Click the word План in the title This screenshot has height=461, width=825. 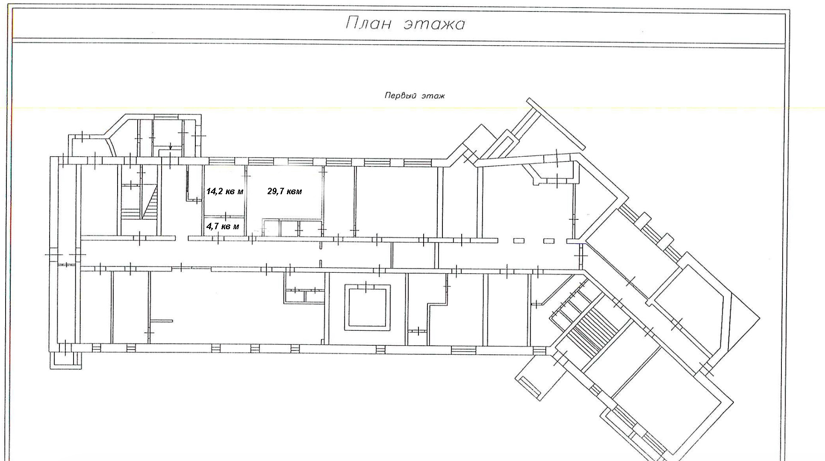[x=368, y=23]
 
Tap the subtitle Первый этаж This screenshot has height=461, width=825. [x=415, y=96]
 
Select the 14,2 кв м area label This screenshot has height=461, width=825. [x=225, y=192]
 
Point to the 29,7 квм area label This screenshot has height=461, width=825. [x=285, y=192]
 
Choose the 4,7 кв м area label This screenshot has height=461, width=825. [x=223, y=226]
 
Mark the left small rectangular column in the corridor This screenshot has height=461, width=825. [x=519, y=241]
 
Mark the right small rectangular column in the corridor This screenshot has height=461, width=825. [x=549, y=241]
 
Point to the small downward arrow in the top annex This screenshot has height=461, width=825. [x=171, y=147]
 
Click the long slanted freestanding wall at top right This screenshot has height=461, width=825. [x=555, y=124]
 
